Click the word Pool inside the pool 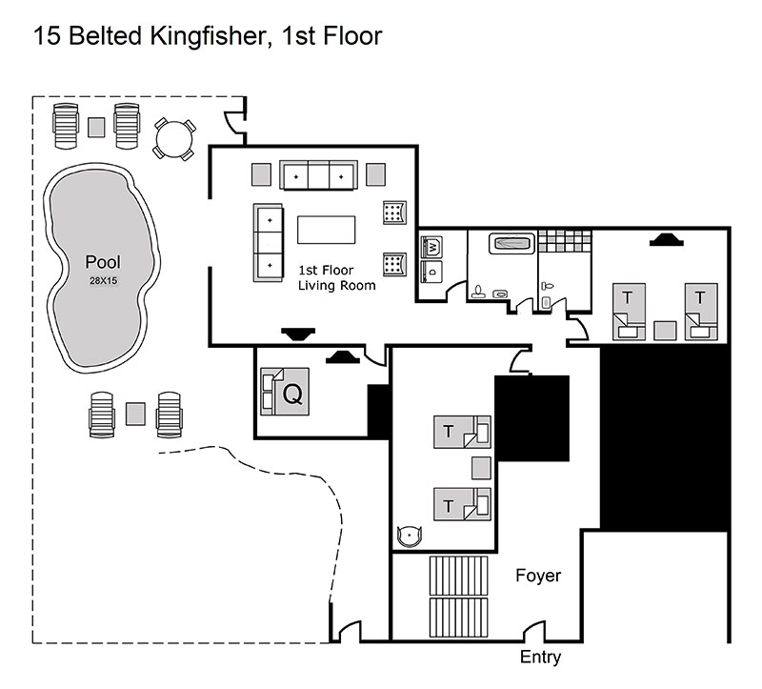pyautogui.click(x=103, y=262)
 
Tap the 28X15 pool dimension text pyautogui.click(x=103, y=280)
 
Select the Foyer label pyautogui.click(x=538, y=576)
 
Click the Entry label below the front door pyautogui.click(x=540, y=658)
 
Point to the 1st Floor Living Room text pyautogui.click(x=337, y=277)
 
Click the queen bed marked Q pyautogui.click(x=285, y=392)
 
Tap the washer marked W pyautogui.click(x=431, y=248)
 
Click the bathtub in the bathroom pyautogui.click(x=511, y=243)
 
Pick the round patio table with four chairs pyautogui.click(x=174, y=139)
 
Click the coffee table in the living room pyautogui.click(x=326, y=230)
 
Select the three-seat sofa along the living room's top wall pyautogui.click(x=318, y=175)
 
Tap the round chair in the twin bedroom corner pyautogui.click(x=410, y=536)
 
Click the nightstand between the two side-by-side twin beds pyautogui.click(x=665, y=331)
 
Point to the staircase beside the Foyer pyautogui.click(x=458, y=597)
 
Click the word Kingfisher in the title pyautogui.click(x=208, y=36)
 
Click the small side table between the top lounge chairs pyautogui.click(x=96, y=128)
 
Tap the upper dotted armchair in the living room pyautogui.click(x=394, y=213)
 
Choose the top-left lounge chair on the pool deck pyautogui.click(x=66, y=126)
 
